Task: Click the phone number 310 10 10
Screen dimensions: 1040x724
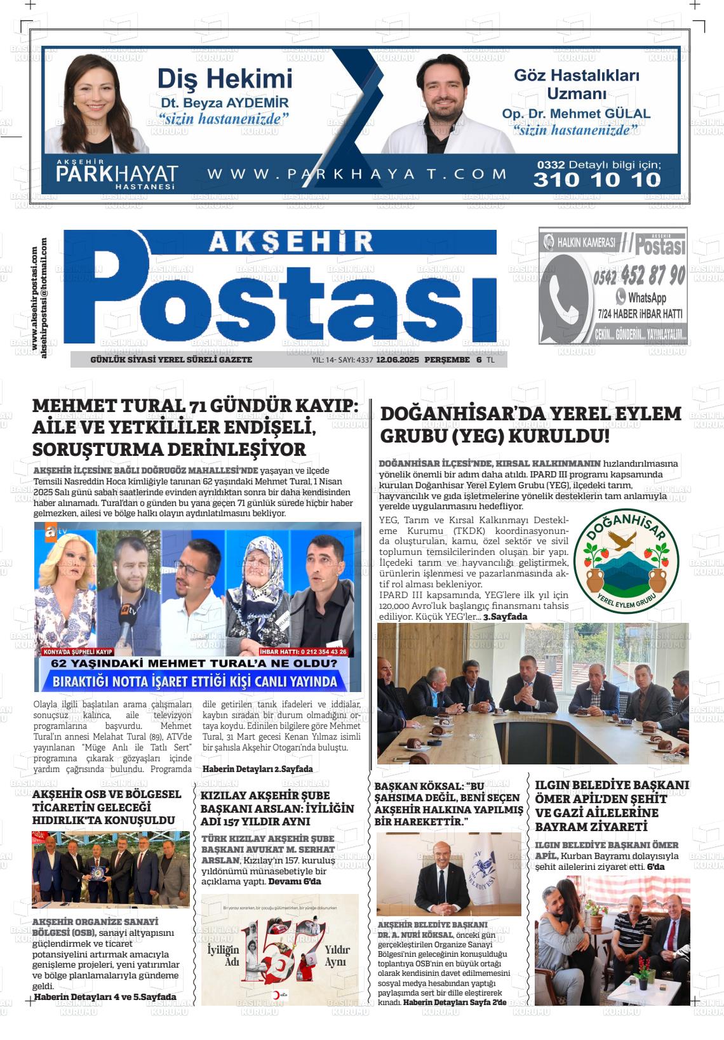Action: click(597, 180)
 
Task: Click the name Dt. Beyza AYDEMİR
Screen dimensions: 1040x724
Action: click(224, 103)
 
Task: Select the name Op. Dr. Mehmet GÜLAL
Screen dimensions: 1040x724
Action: click(576, 114)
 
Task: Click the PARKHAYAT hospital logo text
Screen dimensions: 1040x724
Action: click(117, 174)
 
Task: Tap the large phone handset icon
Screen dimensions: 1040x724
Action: click(566, 291)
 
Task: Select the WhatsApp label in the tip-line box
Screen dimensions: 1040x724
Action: click(646, 297)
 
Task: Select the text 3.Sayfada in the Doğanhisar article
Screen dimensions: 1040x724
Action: click(505, 617)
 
